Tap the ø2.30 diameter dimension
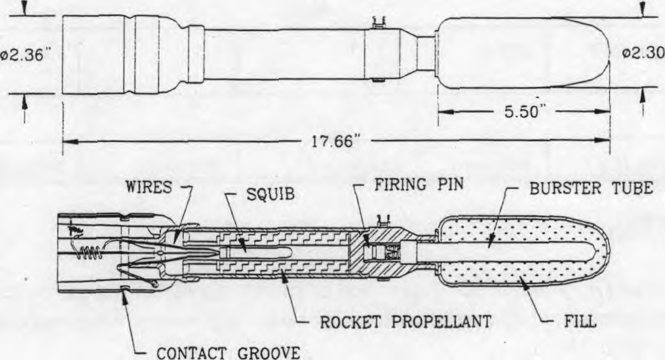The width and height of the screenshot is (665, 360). tap(643, 53)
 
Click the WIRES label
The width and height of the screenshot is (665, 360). tap(149, 187)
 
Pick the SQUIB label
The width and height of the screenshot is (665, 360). tap(270, 194)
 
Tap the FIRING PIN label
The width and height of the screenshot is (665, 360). tap(418, 185)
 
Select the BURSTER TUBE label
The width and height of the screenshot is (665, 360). tap(591, 188)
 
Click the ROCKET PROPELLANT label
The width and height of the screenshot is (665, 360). tap(406, 322)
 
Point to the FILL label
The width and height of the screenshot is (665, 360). tap(580, 321)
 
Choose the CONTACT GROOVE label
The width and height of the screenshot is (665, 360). tap(229, 353)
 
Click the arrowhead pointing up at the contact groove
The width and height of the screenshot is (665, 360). tap(125, 298)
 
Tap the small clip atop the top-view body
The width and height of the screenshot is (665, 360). tap(378, 22)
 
